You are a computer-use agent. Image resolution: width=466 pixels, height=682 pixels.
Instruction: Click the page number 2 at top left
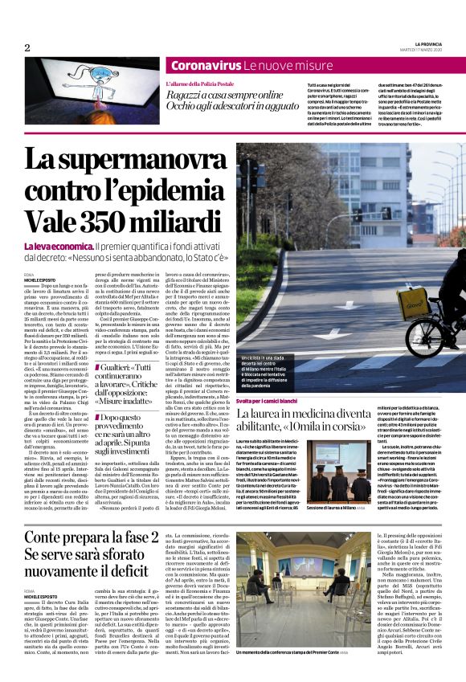[27, 47]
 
